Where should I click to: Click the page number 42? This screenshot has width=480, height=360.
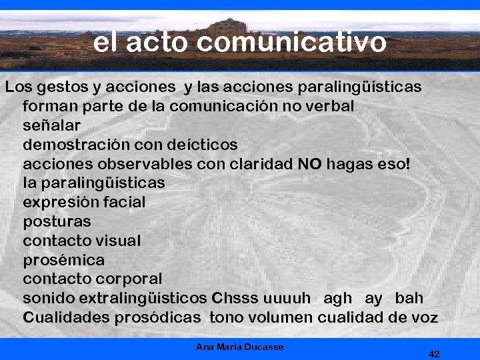pyautogui.click(x=434, y=353)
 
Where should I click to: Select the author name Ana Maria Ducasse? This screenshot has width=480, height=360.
pyautogui.click(x=240, y=347)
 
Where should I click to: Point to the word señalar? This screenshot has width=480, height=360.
pyautogui.click(x=52, y=125)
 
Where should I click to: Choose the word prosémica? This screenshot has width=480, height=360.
pyautogui.click(x=64, y=260)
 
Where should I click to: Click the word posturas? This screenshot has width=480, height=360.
pyautogui.click(x=57, y=221)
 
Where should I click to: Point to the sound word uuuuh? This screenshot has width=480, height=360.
pyautogui.click(x=287, y=298)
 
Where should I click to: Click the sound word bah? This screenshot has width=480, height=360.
pyautogui.click(x=409, y=298)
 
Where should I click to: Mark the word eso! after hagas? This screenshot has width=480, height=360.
pyautogui.click(x=392, y=163)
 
